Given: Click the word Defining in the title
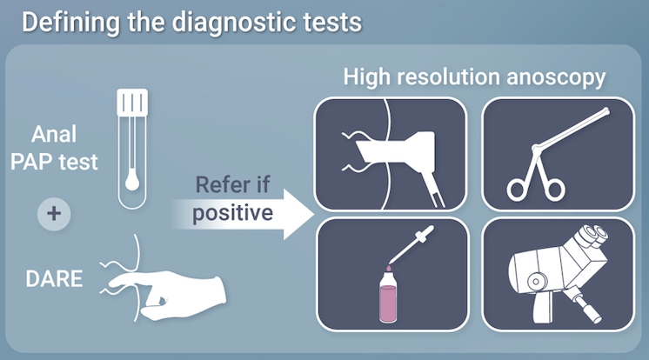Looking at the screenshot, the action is pyautogui.click(x=70, y=23).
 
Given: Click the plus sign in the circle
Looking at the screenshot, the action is pyautogui.click(x=54, y=214).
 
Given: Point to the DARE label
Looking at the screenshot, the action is pyautogui.click(x=54, y=279).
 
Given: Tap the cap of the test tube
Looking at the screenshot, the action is pyautogui.click(x=132, y=103).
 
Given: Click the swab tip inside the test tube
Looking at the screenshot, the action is pyautogui.click(x=132, y=180).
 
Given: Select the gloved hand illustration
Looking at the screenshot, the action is pyautogui.click(x=168, y=293).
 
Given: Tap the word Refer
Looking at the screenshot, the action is pyautogui.click(x=221, y=184).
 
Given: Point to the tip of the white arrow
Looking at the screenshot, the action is pyautogui.click(x=314, y=214).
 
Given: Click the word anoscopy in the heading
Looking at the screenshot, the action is pyautogui.click(x=556, y=78).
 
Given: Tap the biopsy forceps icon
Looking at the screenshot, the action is pyautogui.click(x=557, y=154).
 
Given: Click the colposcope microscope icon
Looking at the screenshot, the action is pyautogui.click(x=558, y=274).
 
